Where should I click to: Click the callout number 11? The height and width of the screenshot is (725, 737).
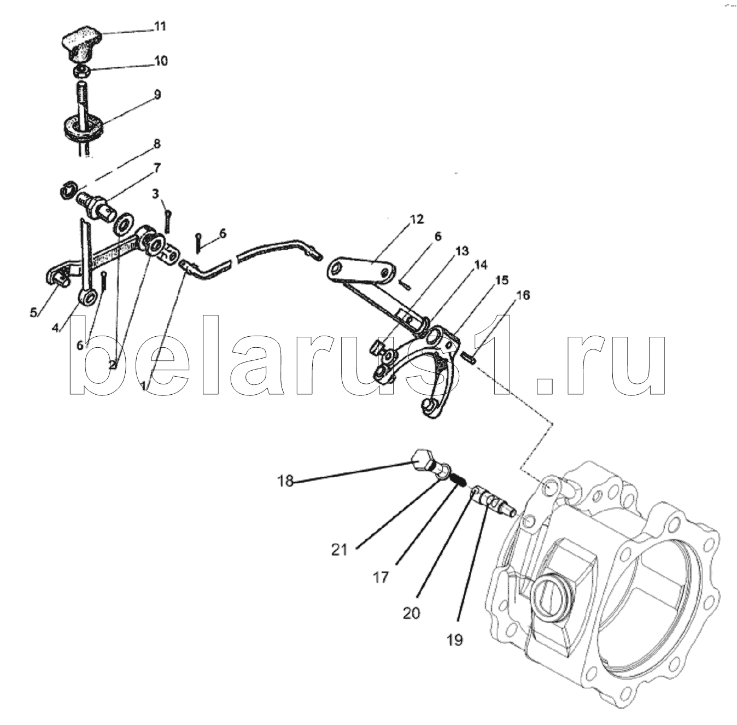coord(160,26)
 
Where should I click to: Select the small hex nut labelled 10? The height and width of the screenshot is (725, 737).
coord(81,71)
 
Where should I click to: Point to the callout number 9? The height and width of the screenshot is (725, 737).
coord(157,95)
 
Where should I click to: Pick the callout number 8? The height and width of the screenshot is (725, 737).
coord(156,144)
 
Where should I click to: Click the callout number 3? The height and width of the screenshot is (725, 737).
coord(155,194)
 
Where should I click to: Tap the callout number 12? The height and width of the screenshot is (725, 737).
coord(417,219)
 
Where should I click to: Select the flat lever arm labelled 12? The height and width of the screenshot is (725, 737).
coord(362,272)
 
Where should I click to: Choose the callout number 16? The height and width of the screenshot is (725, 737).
coord(523,295)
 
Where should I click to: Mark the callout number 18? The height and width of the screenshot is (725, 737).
coord(285,481)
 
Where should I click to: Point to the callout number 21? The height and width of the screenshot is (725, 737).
coord(339,550)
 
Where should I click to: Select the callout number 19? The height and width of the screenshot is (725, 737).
coord(455,639)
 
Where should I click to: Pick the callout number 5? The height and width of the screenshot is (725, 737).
coord(34,313)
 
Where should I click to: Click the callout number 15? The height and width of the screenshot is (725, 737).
coord(502,280)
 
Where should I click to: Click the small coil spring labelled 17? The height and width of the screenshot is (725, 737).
coord(458,479)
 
